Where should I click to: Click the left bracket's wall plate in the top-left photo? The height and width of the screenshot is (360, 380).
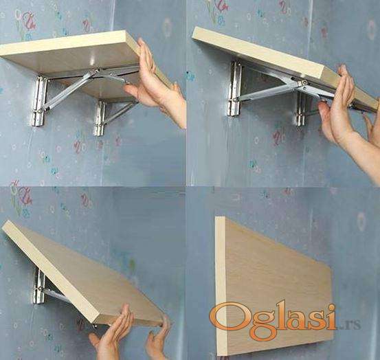pyautogui.click(x=38, y=101)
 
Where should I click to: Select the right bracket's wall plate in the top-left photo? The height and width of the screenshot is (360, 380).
pyautogui.click(x=100, y=117)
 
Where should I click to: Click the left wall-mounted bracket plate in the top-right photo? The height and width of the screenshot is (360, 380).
pyautogui.click(x=234, y=89)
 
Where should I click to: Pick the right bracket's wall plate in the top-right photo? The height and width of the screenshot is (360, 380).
pyautogui.click(x=301, y=109)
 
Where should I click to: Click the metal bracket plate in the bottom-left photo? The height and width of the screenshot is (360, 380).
pyautogui.click(x=38, y=286)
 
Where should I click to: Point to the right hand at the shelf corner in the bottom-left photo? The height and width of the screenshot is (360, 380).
pyautogui.click(x=158, y=339)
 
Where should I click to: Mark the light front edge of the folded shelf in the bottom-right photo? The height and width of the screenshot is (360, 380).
pyautogui.click(x=221, y=286)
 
